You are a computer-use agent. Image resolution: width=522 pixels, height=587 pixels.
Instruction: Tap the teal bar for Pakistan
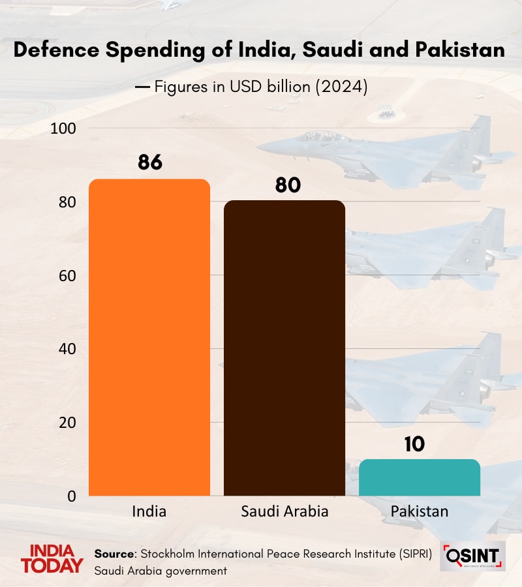coord(420,477)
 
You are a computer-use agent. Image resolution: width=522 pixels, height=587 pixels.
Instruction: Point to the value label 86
coord(149,162)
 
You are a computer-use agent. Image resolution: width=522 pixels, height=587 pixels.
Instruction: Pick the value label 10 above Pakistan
coord(414,444)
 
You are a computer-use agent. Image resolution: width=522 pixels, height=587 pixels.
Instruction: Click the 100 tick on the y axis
coord(64,128)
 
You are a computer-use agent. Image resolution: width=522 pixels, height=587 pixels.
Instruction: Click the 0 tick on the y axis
coord(72,496)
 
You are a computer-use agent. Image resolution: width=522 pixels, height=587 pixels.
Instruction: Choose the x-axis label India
coord(149,511)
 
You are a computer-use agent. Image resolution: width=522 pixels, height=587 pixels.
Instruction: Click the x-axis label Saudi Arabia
coord(284,511)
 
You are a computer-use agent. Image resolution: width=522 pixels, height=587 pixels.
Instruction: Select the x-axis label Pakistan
coord(420,511)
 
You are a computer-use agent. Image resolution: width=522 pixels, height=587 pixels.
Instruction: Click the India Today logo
coord(52,559)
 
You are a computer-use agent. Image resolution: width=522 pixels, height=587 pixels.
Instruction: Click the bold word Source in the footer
coord(114,554)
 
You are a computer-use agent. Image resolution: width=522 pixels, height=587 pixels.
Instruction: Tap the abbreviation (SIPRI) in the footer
coord(413,554)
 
